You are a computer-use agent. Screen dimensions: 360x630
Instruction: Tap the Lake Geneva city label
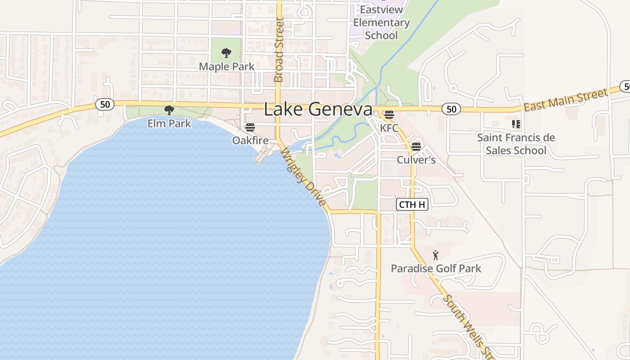[318, 109]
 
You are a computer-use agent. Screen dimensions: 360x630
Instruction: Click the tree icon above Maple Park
[226, 53]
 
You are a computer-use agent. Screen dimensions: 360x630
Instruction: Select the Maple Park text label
[226, 67]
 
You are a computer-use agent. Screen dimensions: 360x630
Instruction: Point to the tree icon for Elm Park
[169, 110]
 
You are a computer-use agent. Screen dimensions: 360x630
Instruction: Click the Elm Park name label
[169, 123]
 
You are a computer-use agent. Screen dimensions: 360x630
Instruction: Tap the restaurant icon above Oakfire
[250, 127]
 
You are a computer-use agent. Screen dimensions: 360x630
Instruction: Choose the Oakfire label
[250, 140]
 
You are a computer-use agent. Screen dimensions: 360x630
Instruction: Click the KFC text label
[389, 128]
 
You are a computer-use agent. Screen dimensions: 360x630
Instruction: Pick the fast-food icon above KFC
[389, 114]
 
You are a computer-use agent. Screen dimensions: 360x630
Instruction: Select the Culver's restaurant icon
[416, 146]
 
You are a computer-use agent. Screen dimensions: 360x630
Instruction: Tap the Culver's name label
[416, 160]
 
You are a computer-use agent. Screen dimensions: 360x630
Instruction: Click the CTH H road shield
[412, 205]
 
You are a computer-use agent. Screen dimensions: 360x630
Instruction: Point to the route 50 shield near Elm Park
[105, 104]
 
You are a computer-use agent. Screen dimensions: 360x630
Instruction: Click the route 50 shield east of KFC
[451, 108]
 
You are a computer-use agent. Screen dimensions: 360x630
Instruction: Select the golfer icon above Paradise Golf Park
[436, 256]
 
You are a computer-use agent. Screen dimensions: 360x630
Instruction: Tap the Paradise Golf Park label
[436, 269]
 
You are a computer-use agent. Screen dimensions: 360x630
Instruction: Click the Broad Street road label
[279, 49]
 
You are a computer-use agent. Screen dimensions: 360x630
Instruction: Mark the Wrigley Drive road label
[303, 177]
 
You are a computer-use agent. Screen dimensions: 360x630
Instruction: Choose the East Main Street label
[565, 100]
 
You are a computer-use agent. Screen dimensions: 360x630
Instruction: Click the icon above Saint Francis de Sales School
[516, 124]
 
